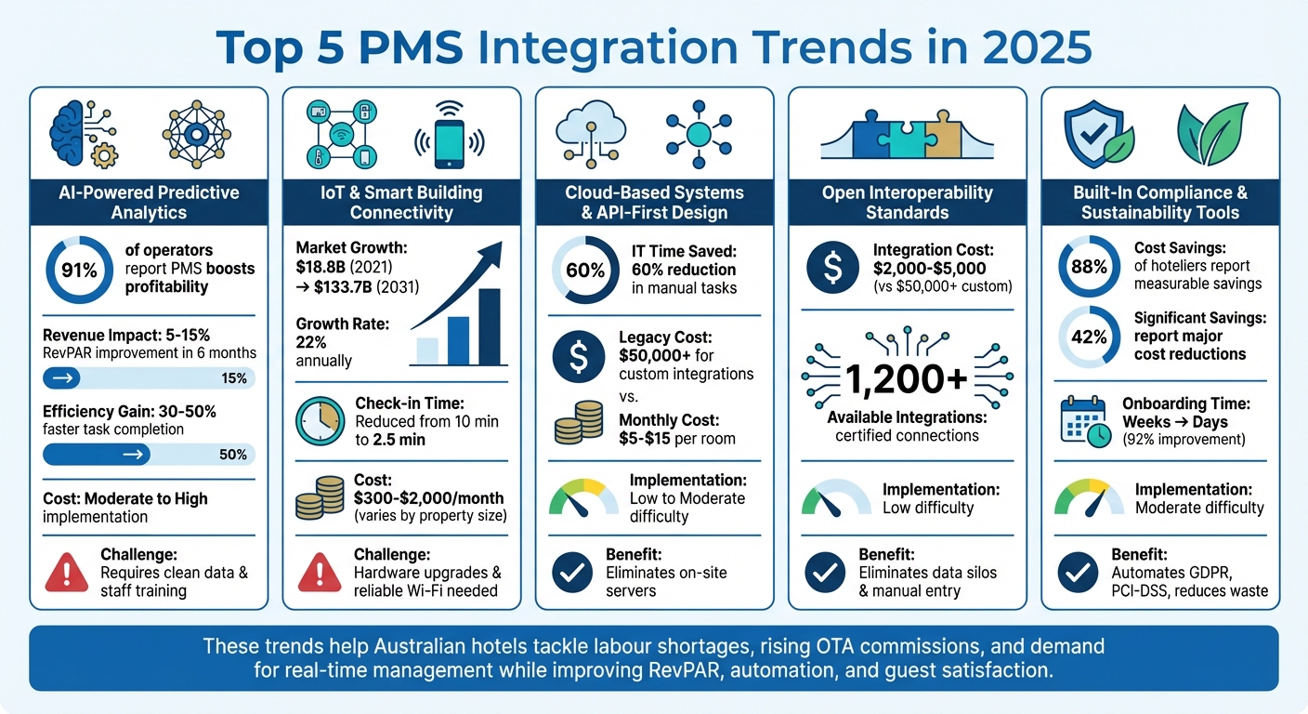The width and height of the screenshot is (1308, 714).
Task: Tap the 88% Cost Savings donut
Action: tap(1089, 267)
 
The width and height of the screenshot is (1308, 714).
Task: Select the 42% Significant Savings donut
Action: tap(1089, 337)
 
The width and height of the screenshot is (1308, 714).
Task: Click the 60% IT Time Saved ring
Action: tap(585, 271)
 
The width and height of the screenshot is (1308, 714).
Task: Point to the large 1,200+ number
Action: tap(906, 380)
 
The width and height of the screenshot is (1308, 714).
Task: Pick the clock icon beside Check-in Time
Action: tap(320, 422)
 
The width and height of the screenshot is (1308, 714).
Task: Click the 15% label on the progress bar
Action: tap(235, 378)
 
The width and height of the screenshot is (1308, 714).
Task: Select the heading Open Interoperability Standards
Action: tap(907, 203)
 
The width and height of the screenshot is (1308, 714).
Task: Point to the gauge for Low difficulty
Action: tap(835, 497)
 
